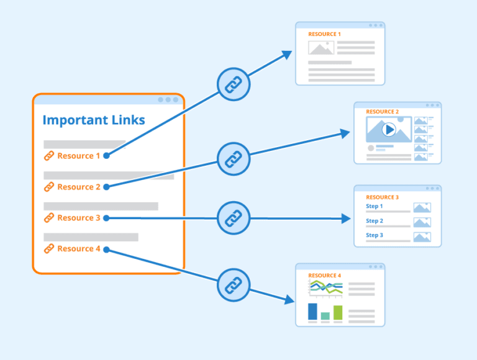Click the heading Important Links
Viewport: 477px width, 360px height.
tap(94, 120)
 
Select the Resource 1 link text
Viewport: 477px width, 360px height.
tap(78, 156)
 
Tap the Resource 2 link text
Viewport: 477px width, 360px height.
tap(78, 187)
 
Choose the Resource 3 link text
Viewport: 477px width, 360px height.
tap(78, 218)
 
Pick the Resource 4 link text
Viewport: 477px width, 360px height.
tap(78, 249)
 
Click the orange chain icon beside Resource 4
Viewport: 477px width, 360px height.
tap(48, 249)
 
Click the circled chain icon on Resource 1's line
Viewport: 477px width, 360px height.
tap(233, 83)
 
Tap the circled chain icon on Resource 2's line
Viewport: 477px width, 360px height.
tap(233, 159)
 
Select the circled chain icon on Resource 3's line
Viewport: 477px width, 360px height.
tap(233, 218)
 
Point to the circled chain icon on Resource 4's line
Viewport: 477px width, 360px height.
tap(233, 285)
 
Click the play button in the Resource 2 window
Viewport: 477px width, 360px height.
tap(389, 130)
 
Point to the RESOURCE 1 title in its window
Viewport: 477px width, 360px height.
tap(324, 34)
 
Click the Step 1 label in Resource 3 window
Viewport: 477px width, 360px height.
tap(375, 206)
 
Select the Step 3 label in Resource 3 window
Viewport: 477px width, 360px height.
tap(375, 235)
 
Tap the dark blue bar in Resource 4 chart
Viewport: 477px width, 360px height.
tap(312, 312)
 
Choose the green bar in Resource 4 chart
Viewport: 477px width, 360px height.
tap(338, 312)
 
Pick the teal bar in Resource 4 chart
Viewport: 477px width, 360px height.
tap(325, 316)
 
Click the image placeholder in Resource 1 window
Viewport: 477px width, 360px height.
tap(321, 48)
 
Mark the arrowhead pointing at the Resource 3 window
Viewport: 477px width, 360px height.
tap(347, 218)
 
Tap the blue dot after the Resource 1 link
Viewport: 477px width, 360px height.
tap(106, 156)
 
